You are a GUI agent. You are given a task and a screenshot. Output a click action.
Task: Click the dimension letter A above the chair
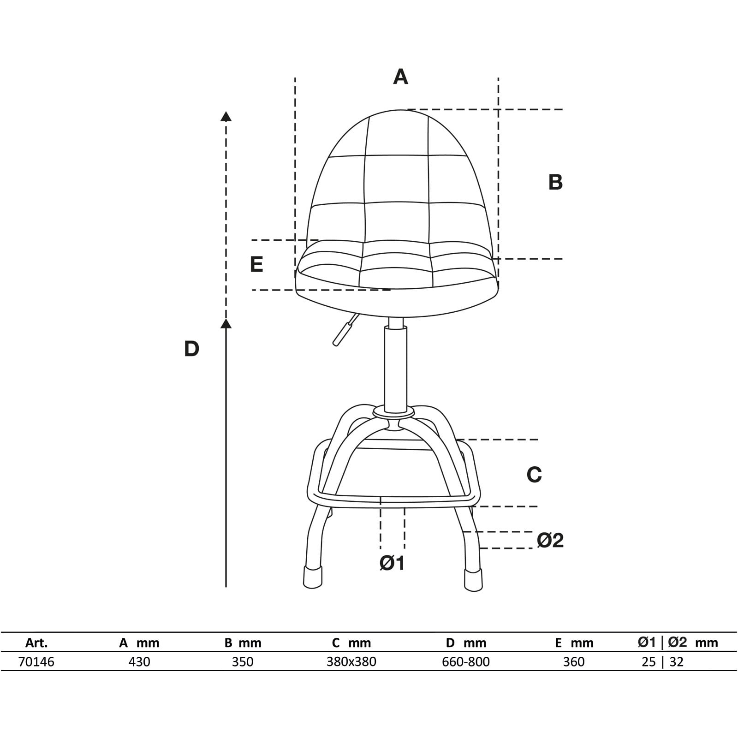click(400, 77)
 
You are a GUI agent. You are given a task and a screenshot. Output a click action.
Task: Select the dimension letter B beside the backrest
click(555, 182)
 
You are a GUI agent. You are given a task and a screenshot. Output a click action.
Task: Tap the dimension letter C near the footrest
click(534, 475)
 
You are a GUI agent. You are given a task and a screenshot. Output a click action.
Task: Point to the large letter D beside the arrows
click(191, 349)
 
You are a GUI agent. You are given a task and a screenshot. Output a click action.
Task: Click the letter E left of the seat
click(256, 265)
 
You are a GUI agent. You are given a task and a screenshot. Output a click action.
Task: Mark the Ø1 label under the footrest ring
click(392, 563)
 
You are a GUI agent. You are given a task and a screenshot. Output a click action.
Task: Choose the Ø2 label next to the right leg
click(550, 540)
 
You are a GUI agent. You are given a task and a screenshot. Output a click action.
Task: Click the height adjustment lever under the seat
click(345, 330)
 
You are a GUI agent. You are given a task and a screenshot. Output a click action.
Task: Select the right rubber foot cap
click(474, 579)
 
